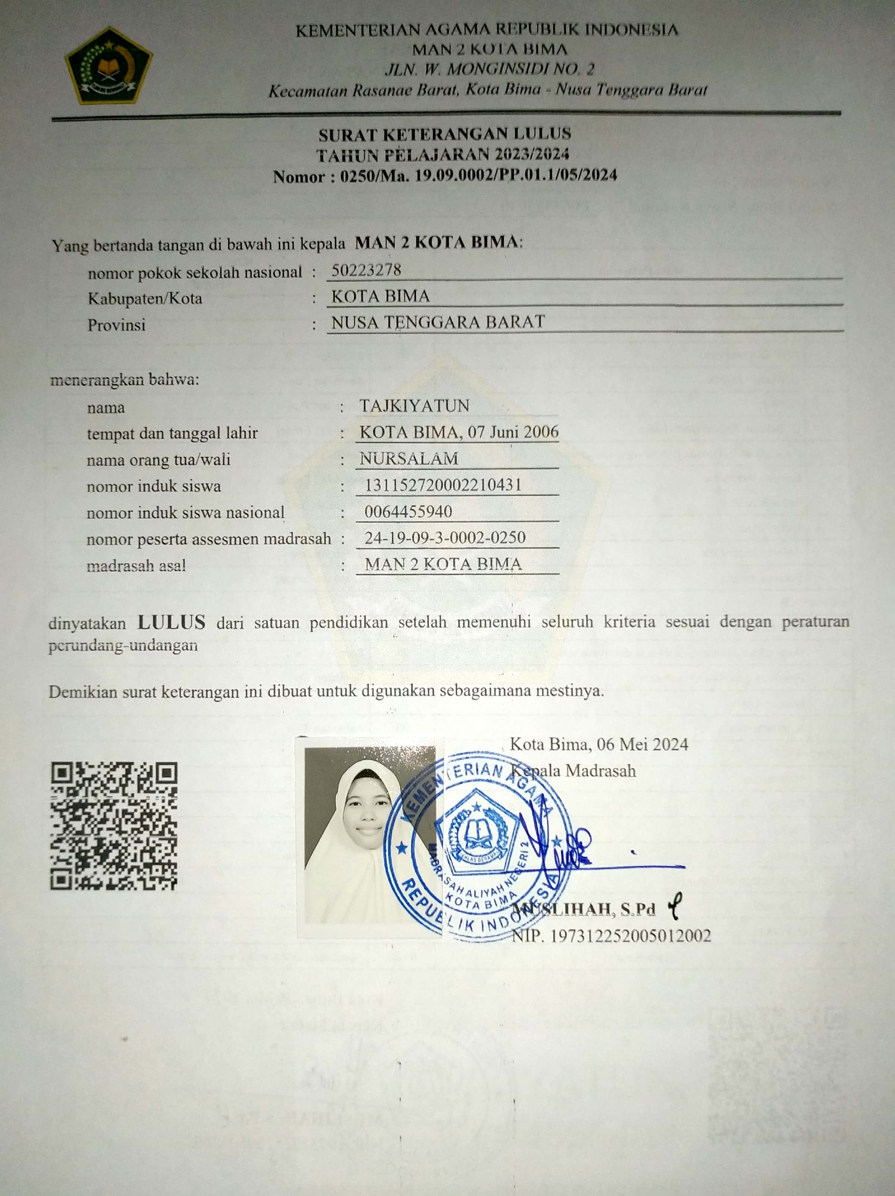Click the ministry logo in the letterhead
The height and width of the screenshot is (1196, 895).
click(109, 65)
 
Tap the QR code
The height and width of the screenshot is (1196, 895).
click(114, 826)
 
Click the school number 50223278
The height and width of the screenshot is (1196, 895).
click(366, 270)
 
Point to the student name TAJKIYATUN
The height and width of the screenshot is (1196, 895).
click(414, 406)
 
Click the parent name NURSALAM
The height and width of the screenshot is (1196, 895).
click(409, 459)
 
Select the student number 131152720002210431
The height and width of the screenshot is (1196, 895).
click(443, 485)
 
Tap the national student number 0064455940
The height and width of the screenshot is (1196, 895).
click(408, 512)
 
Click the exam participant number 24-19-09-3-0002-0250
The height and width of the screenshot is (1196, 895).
click(445, 538)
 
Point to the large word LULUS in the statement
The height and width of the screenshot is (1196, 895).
click(172, 622)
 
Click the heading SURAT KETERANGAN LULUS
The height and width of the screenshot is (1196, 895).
click(445, 134)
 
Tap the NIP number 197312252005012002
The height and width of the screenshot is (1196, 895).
click(630, 936)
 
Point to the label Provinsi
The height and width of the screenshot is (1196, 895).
click(116, 325)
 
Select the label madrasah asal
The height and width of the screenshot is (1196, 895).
click(136, 566)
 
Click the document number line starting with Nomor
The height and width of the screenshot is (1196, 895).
click(445, 176)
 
